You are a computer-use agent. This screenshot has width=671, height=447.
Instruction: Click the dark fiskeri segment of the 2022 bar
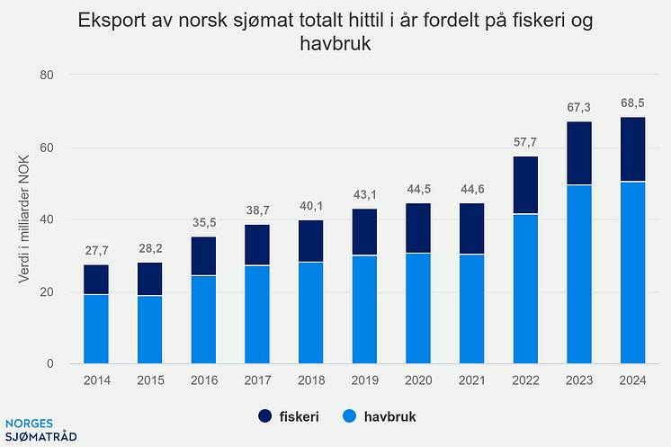525,185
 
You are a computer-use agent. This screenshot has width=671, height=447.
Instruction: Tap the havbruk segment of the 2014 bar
96,329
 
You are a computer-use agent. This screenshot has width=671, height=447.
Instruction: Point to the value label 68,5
632,103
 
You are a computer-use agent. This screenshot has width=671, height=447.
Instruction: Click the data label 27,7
96,250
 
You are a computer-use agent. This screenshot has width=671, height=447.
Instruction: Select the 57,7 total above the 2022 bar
525,142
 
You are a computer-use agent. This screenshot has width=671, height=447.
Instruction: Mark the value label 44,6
471,189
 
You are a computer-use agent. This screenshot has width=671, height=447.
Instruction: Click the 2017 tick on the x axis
256,381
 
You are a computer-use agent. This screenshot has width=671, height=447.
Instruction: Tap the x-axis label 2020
417,381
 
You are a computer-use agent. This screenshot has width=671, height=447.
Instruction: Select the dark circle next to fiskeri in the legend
265,417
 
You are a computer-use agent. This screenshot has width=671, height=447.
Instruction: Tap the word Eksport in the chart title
112,20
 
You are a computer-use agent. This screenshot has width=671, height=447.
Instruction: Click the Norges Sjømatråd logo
40,430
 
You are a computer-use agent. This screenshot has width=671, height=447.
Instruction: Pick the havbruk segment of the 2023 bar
578,274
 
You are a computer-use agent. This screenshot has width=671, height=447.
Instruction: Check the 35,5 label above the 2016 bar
203,222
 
